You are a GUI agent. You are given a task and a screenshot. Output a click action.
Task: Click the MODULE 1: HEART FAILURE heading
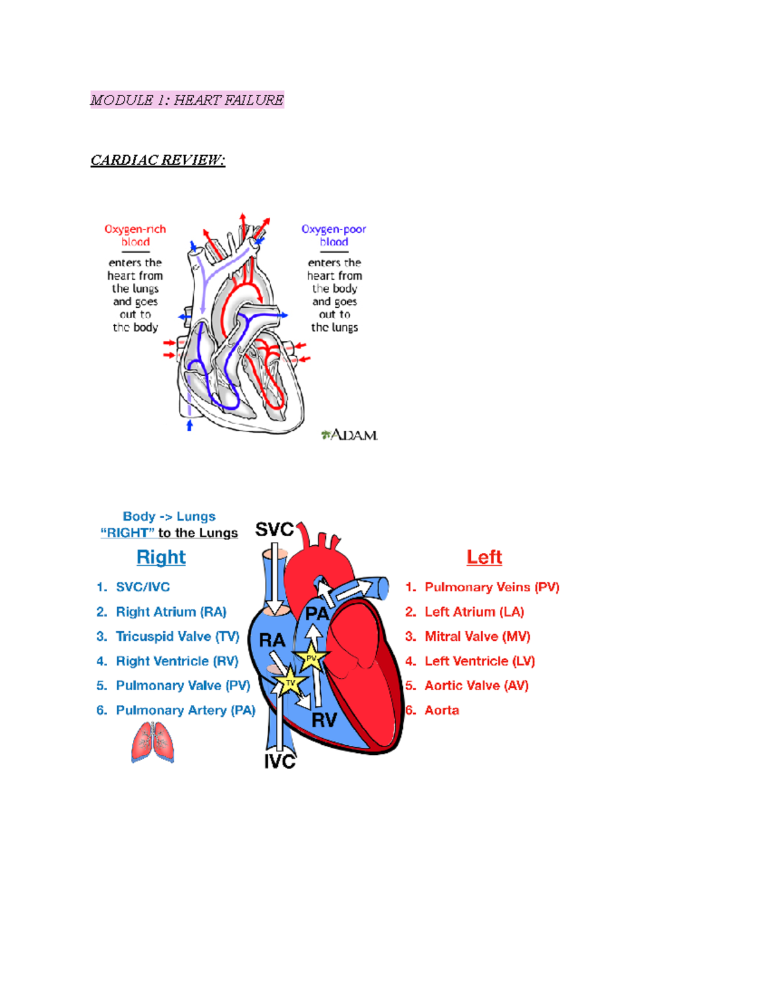(x=187, y=100)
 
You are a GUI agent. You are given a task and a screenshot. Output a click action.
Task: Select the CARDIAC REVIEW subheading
(x=158, y=160)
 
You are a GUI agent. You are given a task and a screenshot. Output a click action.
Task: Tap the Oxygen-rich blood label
(x=135, y=235)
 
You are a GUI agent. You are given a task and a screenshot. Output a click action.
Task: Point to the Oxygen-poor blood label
(x=334, y=235)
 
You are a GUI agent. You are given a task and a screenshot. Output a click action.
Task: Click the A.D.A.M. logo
(x=350, y=435)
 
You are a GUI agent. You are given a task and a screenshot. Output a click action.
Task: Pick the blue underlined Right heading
(x=161, y=557)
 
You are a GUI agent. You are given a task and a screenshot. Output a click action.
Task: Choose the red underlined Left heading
(x=484, y=557)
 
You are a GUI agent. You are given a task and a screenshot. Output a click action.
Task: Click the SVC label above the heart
(x=274, y=530)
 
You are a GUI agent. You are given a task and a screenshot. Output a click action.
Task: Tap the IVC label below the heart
(x=280, y=761)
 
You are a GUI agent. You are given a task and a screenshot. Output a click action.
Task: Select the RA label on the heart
(x=271, y=640)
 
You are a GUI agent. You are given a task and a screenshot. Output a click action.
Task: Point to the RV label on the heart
(x=324, y=720)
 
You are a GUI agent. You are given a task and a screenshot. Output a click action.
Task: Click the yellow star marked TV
(x=290, y=682)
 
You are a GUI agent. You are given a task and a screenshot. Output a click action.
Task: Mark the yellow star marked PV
(x=311, y=658)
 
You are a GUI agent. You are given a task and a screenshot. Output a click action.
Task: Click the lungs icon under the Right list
(x=153, y=742)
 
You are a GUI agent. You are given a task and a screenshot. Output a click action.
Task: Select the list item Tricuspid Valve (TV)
(x=177, y=637)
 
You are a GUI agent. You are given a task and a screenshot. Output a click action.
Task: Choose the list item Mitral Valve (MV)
(x=477, y=637)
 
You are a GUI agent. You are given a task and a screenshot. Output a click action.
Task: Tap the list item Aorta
(x=441, y=711)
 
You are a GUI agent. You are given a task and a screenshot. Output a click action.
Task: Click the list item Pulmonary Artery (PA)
(x=185, y=711)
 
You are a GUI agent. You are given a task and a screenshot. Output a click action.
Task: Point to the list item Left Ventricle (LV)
(x=479, y=661)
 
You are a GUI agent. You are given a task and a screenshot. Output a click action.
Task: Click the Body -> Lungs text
(x=169, y=517)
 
